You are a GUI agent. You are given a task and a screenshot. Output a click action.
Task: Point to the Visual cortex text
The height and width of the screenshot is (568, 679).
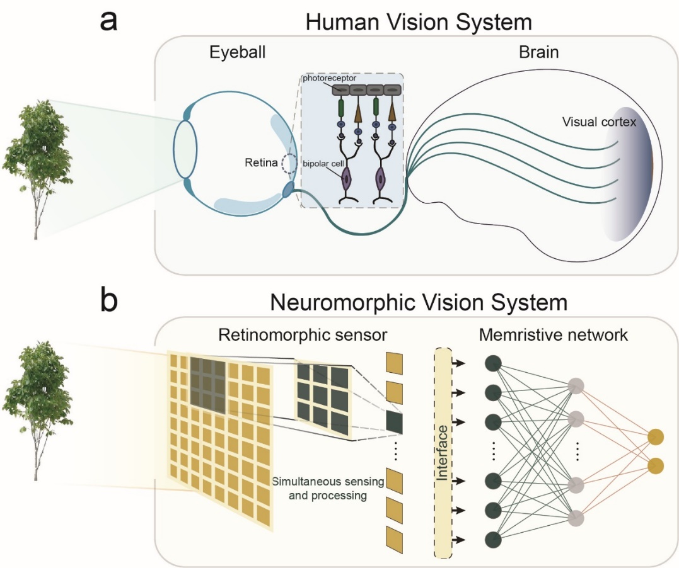pyautogui.click(x=599, y=122)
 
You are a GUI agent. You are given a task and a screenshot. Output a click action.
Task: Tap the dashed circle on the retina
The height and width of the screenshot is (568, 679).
pyautogui.click(x=291, y=165)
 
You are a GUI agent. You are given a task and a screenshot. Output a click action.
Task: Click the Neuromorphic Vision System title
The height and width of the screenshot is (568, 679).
pyautogui.click(x=419, y=303)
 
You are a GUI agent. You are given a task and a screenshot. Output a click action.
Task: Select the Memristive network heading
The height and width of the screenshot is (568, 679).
pyautogui.click(x=554, y=334)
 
